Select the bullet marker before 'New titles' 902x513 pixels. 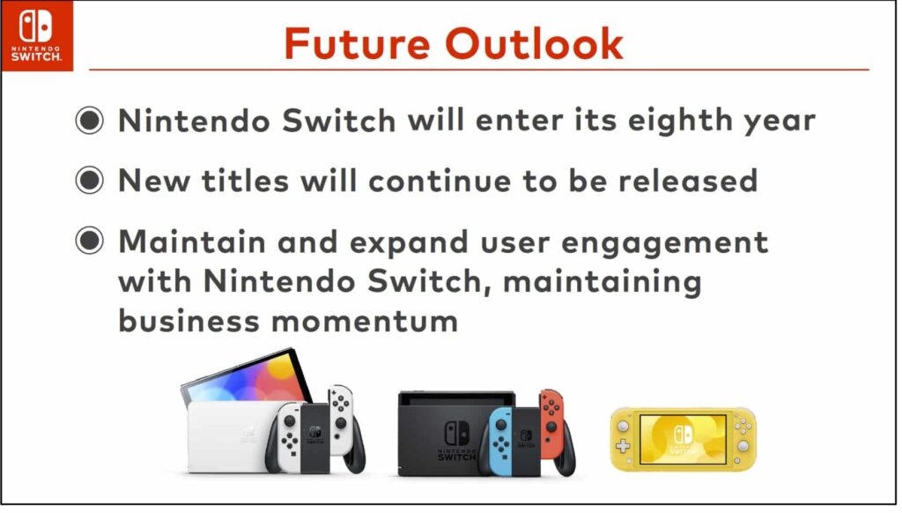pyautogui.click(x=89, y=181)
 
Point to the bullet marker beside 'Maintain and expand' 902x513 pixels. pyautogui.click(x=89, y=242)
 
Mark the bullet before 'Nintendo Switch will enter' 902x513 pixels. pyautogui.click(x=89, y=121)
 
